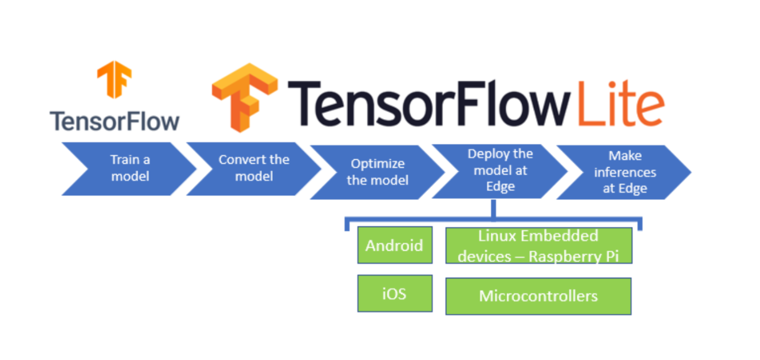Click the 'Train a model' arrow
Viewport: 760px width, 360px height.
tap(130, 168)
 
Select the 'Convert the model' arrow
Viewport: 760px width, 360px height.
tap(254, 168)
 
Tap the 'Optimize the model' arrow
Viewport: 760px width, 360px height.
tap(377, 172)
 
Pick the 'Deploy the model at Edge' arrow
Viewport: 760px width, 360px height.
tap(500, 171)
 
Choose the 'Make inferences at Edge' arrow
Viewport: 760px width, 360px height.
tap(624, 172)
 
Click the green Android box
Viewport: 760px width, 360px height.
tap(395, 245)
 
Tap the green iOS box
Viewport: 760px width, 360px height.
tap(395, 294)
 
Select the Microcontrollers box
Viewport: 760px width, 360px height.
tap(538, 296)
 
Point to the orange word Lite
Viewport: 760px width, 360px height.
tap(621, 104)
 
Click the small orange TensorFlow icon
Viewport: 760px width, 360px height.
tap(114, 79)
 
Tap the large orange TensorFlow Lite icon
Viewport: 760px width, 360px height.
tap(244, 97)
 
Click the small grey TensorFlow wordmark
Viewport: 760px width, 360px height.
tap(114, 121)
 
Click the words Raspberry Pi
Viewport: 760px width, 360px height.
tap(574, 256)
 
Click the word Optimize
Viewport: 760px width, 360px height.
tap(377, 164)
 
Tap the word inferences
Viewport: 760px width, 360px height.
tap(625, 172)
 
